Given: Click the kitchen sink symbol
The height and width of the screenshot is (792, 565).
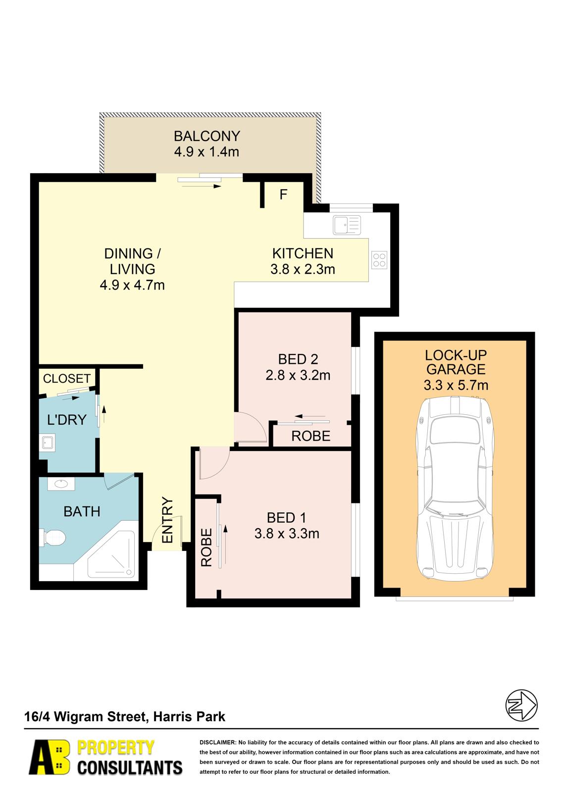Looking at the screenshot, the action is pos(346,225).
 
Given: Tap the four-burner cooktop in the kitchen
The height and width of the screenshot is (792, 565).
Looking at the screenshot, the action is pos(379,260).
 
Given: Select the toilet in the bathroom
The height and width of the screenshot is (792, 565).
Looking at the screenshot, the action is pos(52,538).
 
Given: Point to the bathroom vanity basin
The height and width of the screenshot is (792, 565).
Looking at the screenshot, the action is pos(61,484).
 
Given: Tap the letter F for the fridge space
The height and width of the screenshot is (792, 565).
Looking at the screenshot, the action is pos(283,195).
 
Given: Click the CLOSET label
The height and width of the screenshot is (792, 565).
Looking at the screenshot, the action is pos(66,379).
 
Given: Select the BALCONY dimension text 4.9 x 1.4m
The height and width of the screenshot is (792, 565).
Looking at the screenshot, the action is pos(206,151).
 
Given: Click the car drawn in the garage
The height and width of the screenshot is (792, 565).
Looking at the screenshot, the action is pos(455,489).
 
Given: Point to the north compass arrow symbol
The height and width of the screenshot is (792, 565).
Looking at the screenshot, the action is pos(521,705).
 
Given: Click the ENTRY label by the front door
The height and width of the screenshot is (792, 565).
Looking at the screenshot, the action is pos(167,520).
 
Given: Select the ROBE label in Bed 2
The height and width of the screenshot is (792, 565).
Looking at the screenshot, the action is pos(310,436).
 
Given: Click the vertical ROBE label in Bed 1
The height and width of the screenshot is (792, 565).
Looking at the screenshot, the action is pos(206,547).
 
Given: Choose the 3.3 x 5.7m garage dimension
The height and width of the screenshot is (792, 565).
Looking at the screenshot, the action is pos(456,385).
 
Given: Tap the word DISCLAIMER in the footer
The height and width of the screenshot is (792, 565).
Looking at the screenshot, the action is pos(217,742).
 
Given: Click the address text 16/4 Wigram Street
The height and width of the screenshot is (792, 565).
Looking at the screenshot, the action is pos(85,717).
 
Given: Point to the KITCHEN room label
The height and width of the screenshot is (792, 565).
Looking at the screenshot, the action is pos(303,253).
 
